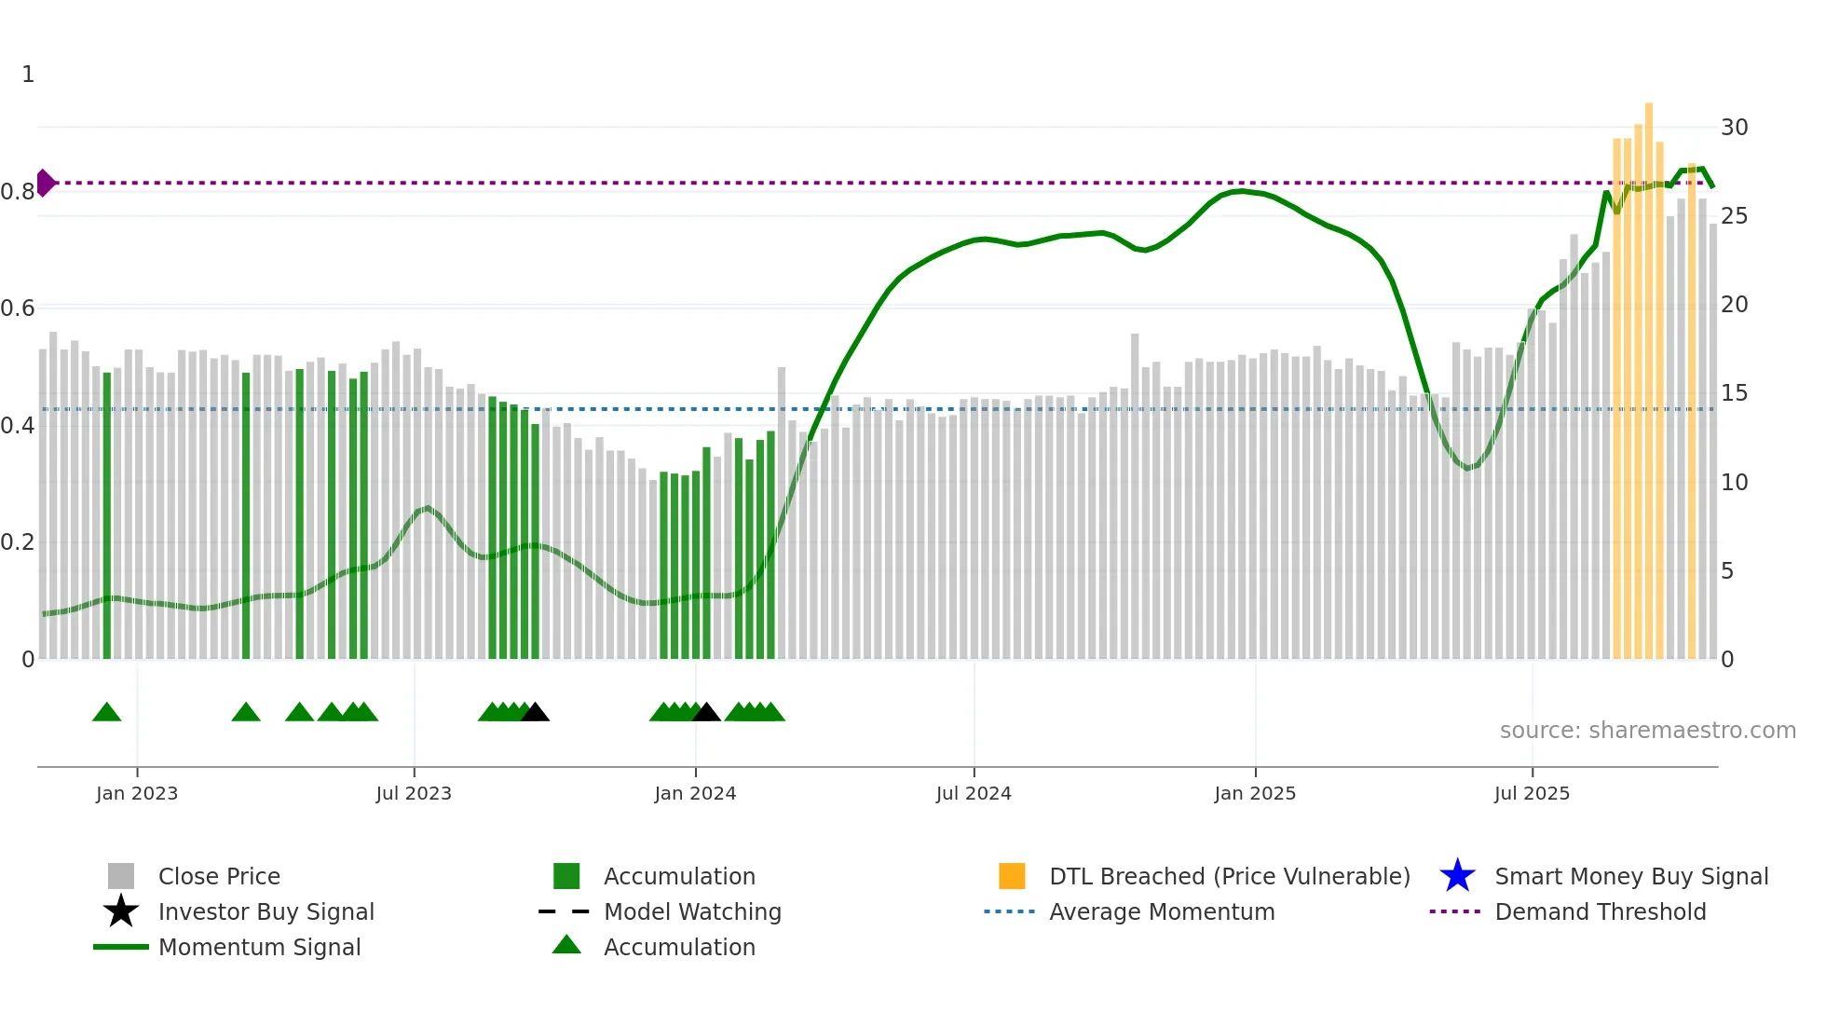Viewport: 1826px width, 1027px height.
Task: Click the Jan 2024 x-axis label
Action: point(695,793)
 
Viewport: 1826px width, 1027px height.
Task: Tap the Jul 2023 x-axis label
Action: point(414,793)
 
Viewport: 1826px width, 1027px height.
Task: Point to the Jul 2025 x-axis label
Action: point(1532,793)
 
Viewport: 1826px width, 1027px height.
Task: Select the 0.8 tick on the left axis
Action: point(18,192)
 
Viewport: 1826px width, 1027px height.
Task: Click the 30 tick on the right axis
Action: point(1734,128)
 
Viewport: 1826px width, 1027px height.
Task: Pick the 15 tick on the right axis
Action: point(1734,393)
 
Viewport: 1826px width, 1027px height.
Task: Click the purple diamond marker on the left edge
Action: point(45,183)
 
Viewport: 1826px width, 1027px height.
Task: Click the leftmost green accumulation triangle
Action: point(107,712)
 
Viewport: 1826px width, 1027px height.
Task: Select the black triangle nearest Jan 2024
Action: point(706,712)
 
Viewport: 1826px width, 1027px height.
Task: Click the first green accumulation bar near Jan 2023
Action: point(107,513)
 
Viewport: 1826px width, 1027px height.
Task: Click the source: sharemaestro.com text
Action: point(1647,731)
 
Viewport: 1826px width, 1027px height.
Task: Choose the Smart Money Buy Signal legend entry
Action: point(1630,876)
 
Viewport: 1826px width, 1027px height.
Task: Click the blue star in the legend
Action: point(1457,876)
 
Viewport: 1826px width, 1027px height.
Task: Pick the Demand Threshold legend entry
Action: point(1600,911)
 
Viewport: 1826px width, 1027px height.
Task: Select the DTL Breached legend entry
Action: point(1229,876)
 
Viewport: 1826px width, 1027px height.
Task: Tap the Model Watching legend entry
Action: point(692,911)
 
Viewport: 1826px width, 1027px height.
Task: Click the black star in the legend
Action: point(121,911)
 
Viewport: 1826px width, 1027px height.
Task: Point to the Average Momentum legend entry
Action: point(1161,911)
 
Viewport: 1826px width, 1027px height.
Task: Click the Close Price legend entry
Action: point(219,876)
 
